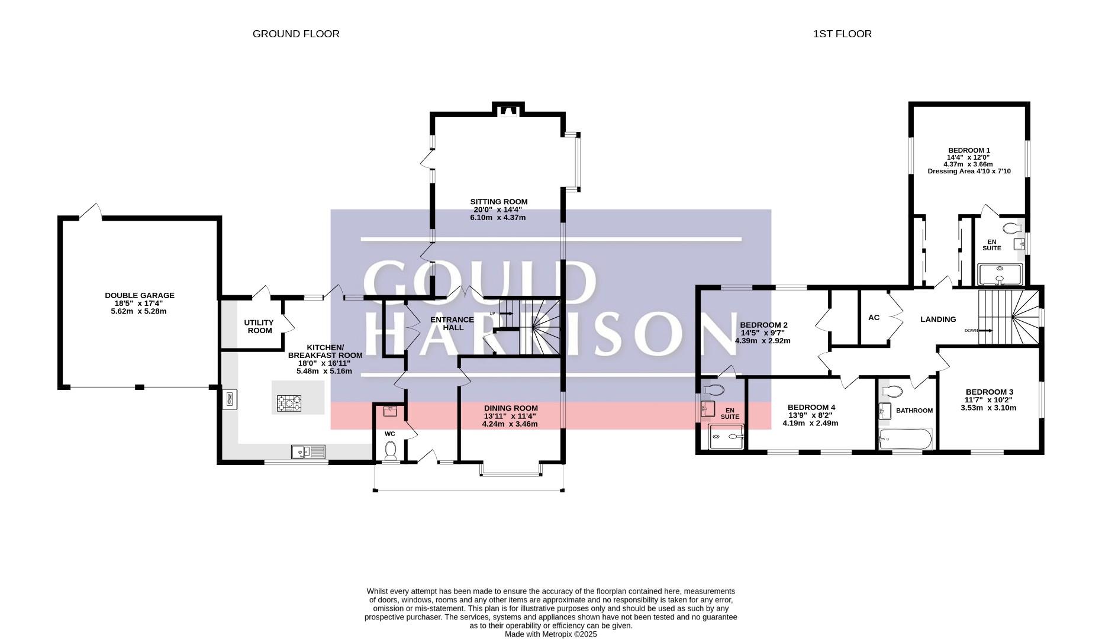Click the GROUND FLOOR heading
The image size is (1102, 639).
point(296,34)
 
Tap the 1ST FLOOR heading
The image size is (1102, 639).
point(842,34)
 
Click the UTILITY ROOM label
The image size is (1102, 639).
point(259,327)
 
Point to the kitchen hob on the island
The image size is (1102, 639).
point(289,404)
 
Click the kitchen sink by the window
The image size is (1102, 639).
point(308,452)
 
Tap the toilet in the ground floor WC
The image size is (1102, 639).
point(390,451)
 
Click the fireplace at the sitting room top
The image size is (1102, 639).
point(507,110)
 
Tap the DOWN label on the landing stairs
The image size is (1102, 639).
point(971,330)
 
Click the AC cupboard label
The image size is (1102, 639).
point(874,318)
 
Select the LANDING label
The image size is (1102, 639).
point(938,319)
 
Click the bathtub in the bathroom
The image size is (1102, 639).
point(906,439)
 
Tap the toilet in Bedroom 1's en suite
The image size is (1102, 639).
point(1013,228)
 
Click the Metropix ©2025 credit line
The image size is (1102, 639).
point(551,634)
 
